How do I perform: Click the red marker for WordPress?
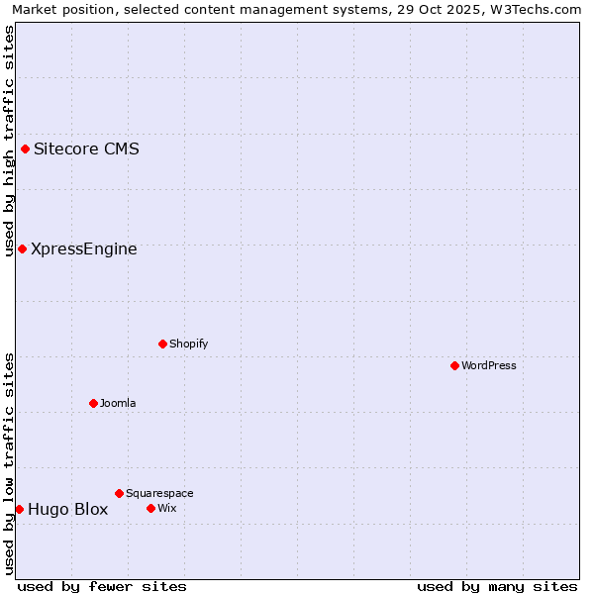tap(454, 365)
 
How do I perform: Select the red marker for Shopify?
tap(162, 344)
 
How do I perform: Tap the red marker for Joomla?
tap(93, 403)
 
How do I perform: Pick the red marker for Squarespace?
tap(119, 493)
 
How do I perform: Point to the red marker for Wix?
tap(150, 508)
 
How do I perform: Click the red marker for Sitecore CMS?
tap(25, 149)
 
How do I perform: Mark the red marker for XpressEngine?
tap(22, 248)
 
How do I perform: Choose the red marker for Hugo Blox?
tap(19, 509)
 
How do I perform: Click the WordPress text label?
tap(489, 365)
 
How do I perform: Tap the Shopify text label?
tap(188, 344)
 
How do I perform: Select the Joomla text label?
tap(118, 403)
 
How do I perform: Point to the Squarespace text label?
tap(159, 493)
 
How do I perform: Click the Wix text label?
tap(167, 508)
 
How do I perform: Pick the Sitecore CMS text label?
tap(86, 149)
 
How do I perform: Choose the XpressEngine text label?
tap(84, 248)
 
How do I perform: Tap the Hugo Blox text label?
tap(67, 510)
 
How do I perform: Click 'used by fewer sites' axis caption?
tap(102, 586)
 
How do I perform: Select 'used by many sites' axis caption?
tap(497, 586)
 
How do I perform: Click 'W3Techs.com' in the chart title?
tap(539, 10)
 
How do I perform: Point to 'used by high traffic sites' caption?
tap(9, 141)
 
